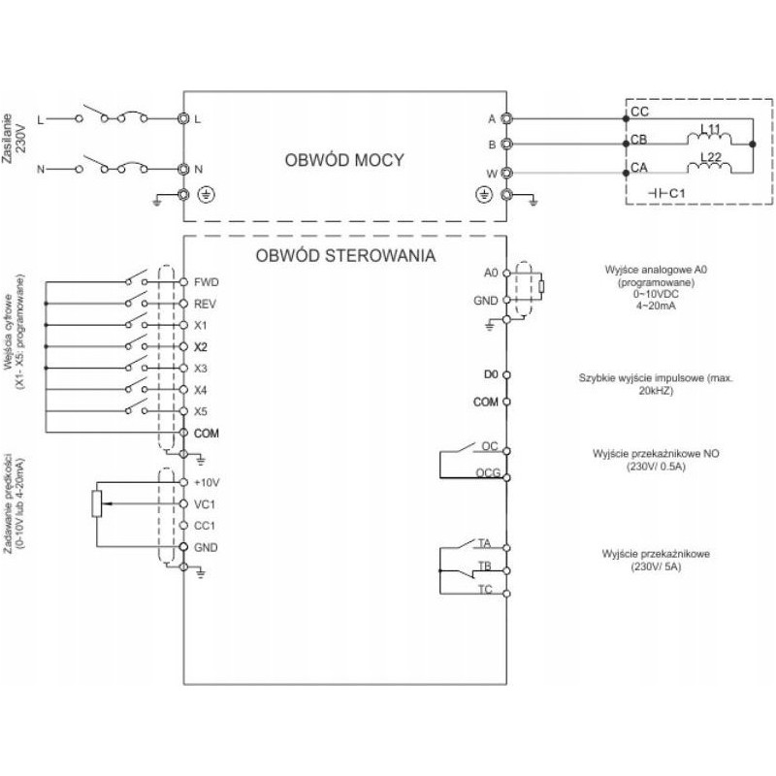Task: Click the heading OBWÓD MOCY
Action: pos(343,160)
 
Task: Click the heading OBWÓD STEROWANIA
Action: pos(344,257)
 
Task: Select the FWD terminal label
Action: pos(207,282)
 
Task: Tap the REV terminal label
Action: pos(204,304)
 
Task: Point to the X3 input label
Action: pos(201,368)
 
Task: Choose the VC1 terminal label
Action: pos(204,503)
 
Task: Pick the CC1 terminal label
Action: pos(204,525)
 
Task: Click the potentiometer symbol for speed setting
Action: pos(95,504)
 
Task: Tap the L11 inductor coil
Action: pos(708,139)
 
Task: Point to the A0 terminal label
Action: pos(490,273)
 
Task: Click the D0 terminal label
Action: pos(490,373)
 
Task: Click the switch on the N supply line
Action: pos(118,167)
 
